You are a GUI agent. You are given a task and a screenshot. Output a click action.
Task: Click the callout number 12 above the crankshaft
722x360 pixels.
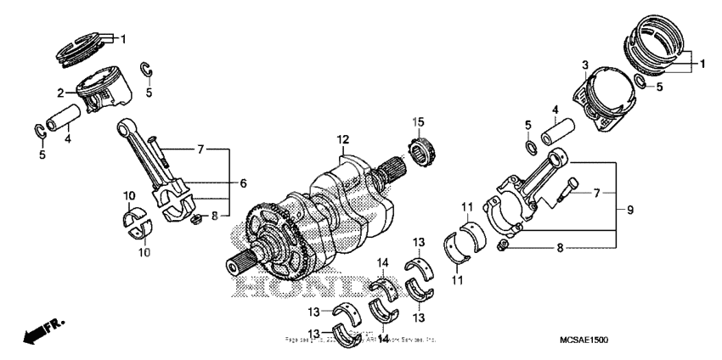tap(342, 139)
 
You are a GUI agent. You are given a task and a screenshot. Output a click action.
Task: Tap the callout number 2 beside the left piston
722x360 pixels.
tap(61, 93)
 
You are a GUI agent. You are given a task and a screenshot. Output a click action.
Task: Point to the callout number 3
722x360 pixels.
tap(585, 65)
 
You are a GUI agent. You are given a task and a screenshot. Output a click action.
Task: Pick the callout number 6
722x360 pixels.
tap(242, 183)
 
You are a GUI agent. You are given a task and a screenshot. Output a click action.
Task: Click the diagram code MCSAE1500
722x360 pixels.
tap(583, 340)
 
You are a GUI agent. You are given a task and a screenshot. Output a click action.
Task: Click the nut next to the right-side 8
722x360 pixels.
tap(504, 247)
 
